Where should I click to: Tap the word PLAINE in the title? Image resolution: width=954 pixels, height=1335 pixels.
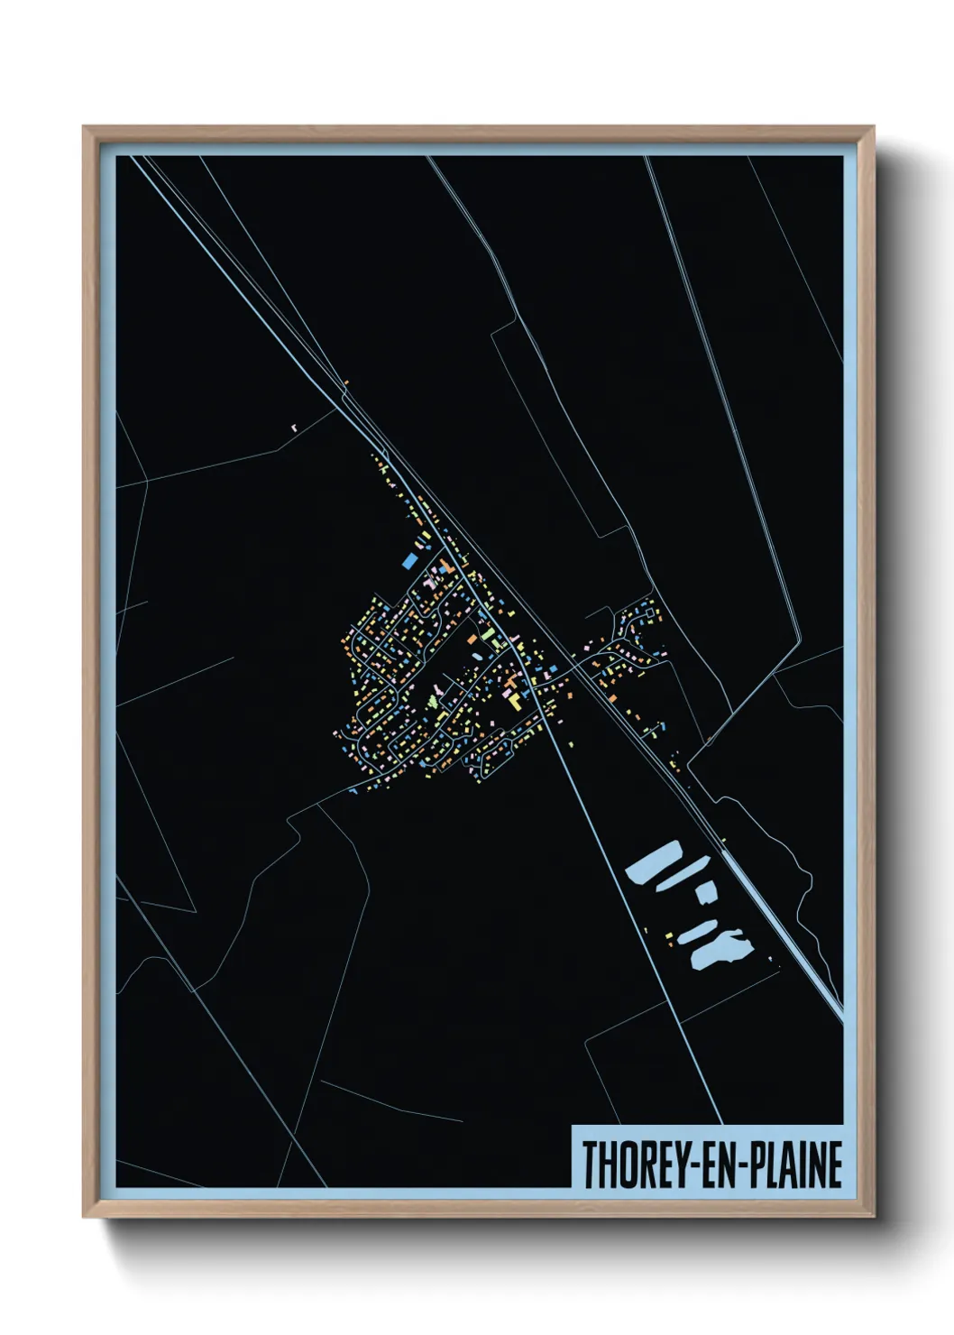[x=799, y=1165]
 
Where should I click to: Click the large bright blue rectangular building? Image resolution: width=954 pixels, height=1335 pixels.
[x=409, y=560]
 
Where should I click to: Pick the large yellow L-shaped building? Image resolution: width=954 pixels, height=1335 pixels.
[x=514, y=698]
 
